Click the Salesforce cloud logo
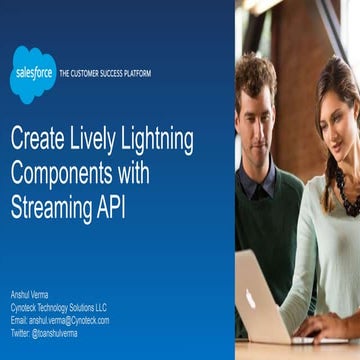(x=32, y=73)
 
